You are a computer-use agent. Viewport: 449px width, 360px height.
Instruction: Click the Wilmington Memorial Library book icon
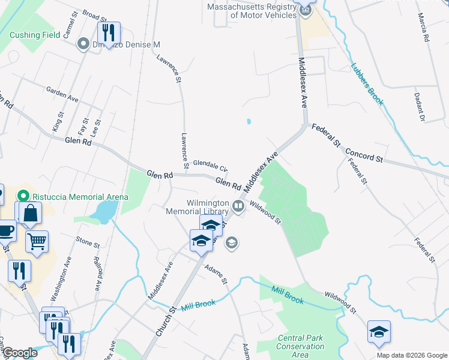tap(238, 207)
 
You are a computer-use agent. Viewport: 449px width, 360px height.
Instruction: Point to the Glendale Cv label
tap(210, 166)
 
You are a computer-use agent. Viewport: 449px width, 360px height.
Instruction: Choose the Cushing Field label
tap(35, 35)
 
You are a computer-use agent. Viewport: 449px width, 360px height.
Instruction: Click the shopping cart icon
tap(37, 242)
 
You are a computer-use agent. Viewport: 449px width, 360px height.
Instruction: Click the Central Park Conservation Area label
tap(300, 346)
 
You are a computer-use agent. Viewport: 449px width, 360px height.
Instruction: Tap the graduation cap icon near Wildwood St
tap(379, 332)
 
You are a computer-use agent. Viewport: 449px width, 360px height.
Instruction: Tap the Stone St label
tap(88, 244)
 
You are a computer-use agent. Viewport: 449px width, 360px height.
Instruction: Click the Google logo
tap(19, 353)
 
